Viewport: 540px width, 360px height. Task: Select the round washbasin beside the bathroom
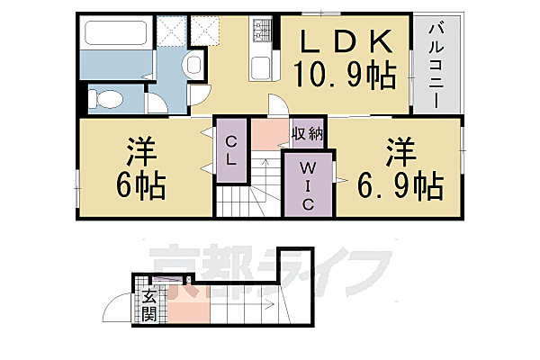point(191,64)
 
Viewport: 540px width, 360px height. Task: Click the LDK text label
point(346,41)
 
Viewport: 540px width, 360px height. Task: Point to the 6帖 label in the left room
point(139,185)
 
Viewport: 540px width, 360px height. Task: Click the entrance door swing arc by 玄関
point(117,311)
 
